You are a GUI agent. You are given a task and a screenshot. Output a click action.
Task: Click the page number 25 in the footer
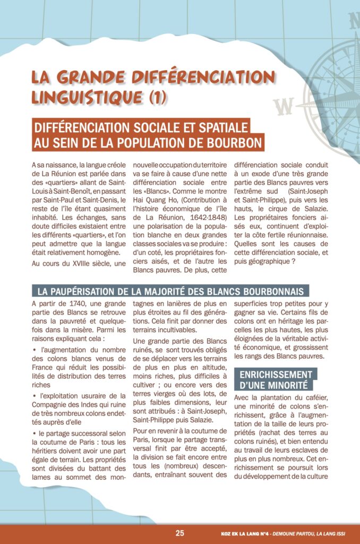180,533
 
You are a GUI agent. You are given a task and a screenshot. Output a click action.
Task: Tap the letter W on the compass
285,106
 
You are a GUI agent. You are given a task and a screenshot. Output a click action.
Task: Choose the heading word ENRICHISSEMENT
276,375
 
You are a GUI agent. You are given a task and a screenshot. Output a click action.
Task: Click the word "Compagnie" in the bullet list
55,405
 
